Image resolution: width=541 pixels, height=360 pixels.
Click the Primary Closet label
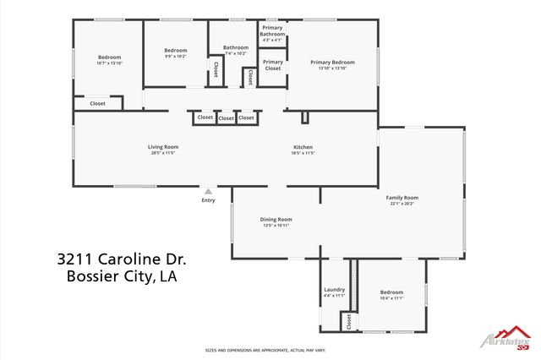pyautogui.click(x=273, y=65)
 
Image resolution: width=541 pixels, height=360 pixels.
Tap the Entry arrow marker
pyautogui.click(x=208, y=191)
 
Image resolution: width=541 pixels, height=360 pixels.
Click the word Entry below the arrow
pyautogui.click(x=208, y=200)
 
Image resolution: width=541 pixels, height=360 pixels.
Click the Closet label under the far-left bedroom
pyautogui.click(x=98, y=103)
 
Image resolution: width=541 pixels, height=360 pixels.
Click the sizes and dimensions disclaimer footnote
pyautogui.click(x=265, y=350)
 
